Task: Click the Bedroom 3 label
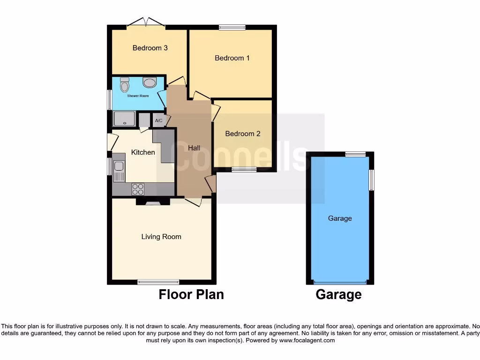[x=150, y=48]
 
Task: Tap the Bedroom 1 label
[x=232, y=58]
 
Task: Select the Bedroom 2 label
[x=242, y=134]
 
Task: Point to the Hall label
[x=194, y=148]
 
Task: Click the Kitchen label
[x=143, y=152]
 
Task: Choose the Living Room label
[x=161, y=237]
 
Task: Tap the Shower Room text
[x=138, y=96]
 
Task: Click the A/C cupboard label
[x=159, y=121]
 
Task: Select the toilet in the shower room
[x=124, y=85]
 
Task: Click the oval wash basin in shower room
[x=150, y=83]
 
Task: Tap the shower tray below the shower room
[x=124, y=119]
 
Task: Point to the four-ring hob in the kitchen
[x=138, y=189]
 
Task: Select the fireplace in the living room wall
[x=153, y=202]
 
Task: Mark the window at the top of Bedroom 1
[x=232, y=28]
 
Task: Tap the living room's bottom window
[x=158, y=282]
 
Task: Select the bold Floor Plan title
[x=191, y=294]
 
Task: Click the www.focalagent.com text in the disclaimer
[x=307, y=340]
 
